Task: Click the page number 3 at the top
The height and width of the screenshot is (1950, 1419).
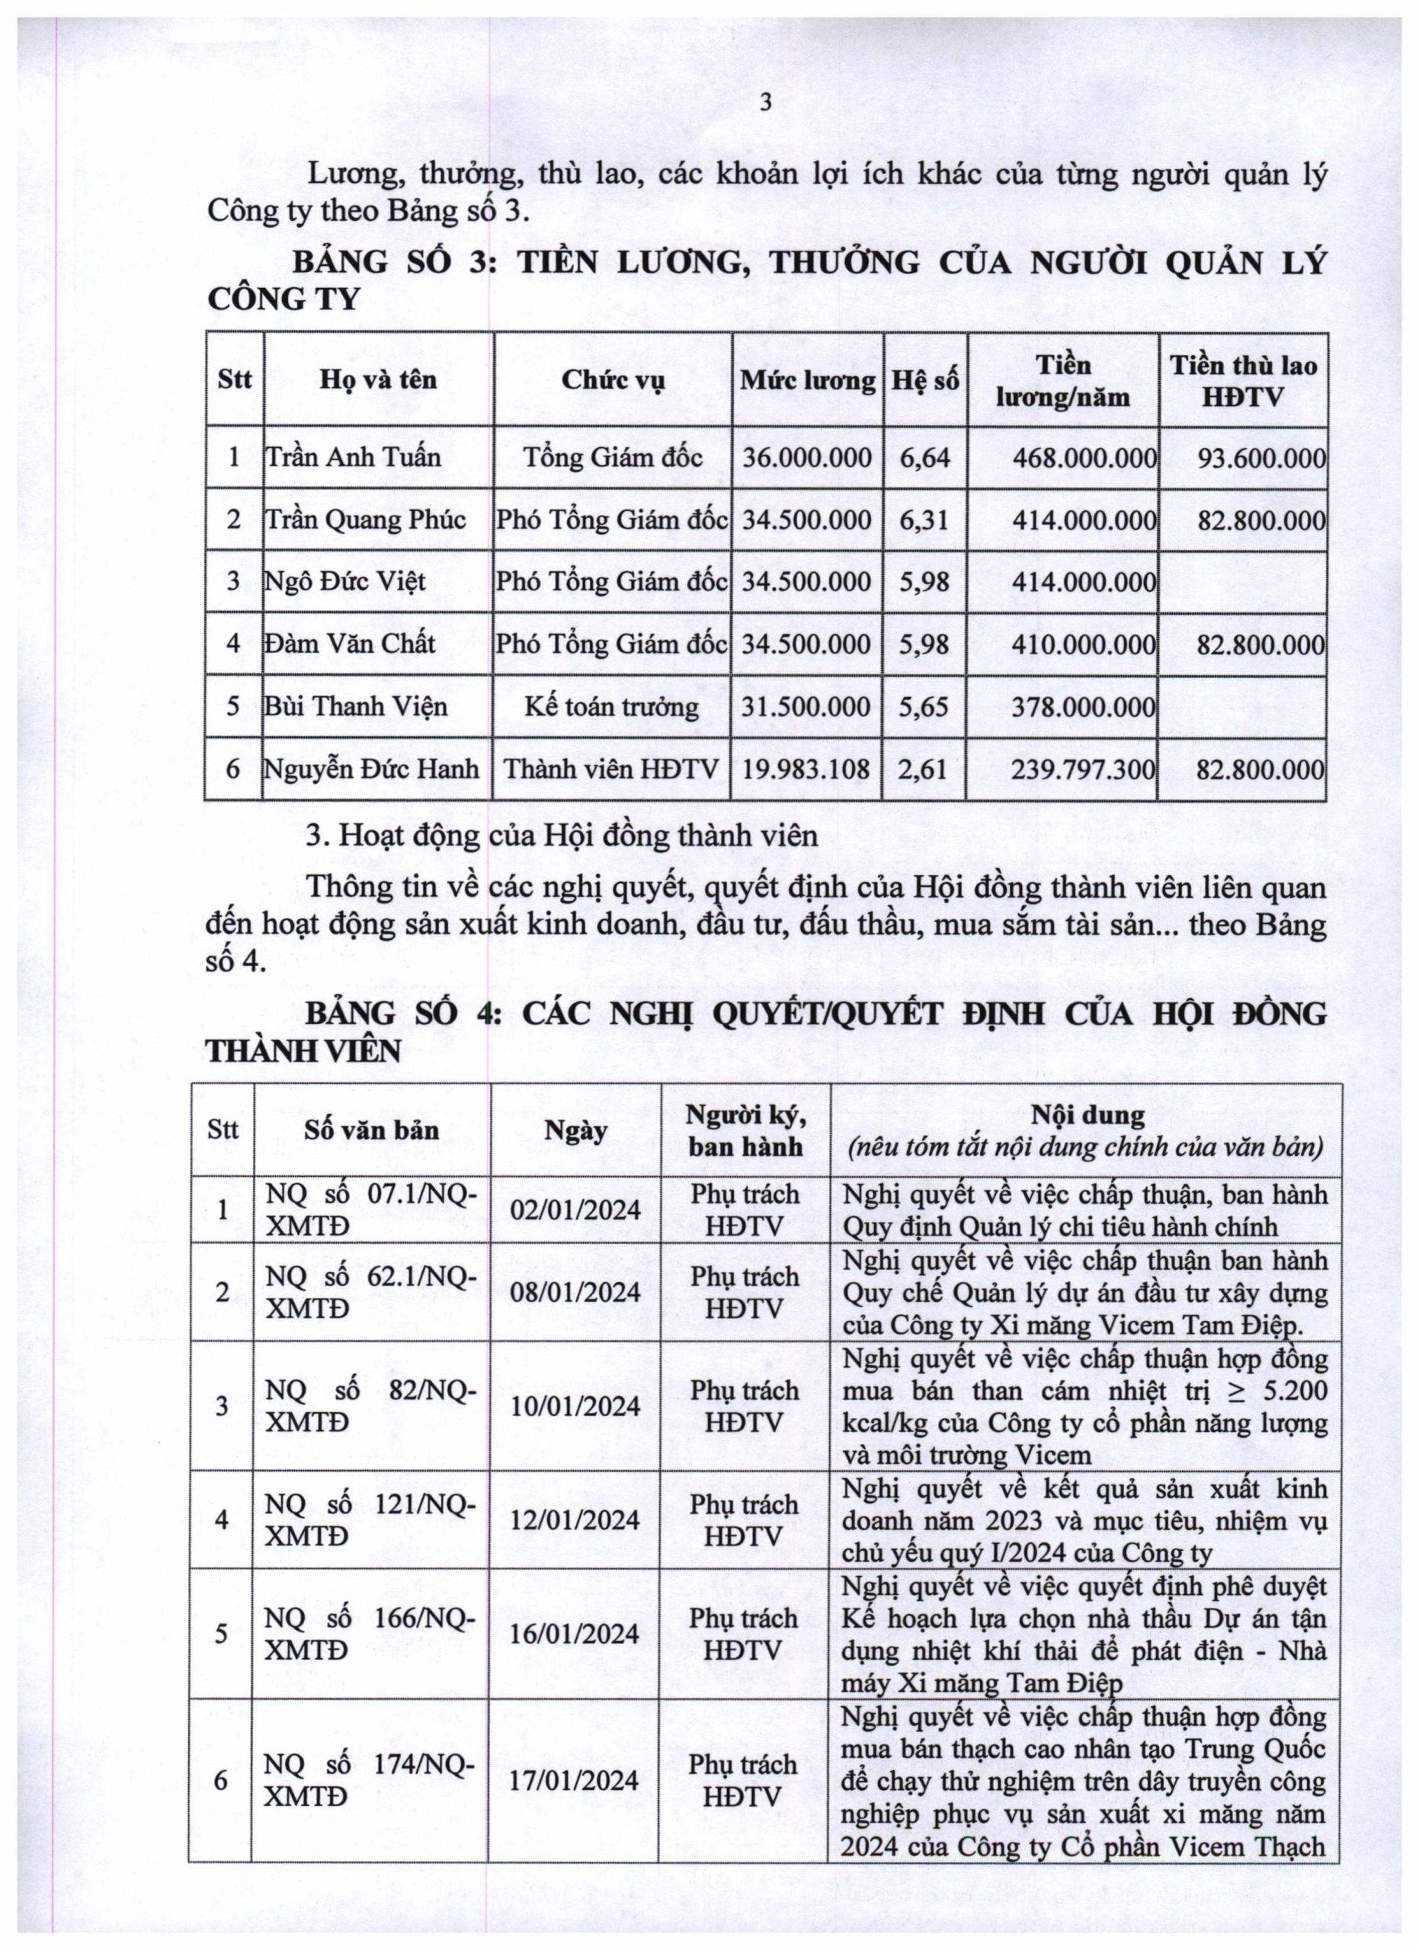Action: pyautogui.click(x=765, y=104)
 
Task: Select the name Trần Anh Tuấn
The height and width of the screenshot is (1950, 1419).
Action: pyautogui.click(x=353, y=456)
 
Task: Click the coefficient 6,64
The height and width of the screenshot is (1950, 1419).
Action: pyautogui.click(x=924, y=456)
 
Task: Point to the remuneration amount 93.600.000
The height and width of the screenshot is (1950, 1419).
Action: pyautogui.click(x=1260, y=457)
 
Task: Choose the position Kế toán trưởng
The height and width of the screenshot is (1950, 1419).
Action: pyautogui.click(x=611, y=707)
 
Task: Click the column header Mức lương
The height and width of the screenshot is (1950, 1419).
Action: pyautogui.click(x=808, y=380)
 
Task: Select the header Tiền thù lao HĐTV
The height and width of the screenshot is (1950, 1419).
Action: pyautogui.click(x=1243, y=380)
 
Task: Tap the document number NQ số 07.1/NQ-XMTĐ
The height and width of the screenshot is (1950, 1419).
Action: pyautogui.click(x=370, y=1210)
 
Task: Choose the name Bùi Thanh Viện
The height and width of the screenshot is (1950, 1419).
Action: pyautogui.click(x=356, y=707)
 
